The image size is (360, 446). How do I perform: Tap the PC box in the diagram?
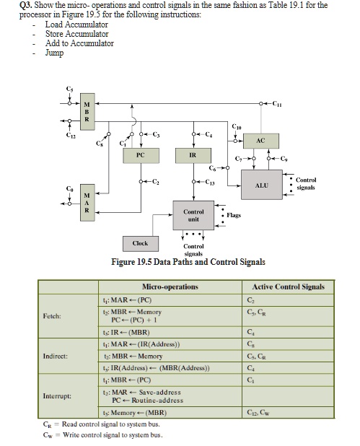140,154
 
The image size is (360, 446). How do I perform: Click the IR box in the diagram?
193,154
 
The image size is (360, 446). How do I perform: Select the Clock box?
140,244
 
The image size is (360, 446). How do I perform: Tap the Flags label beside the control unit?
233,215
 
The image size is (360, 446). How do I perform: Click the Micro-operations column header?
171,287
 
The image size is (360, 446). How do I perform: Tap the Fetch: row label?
52,315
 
